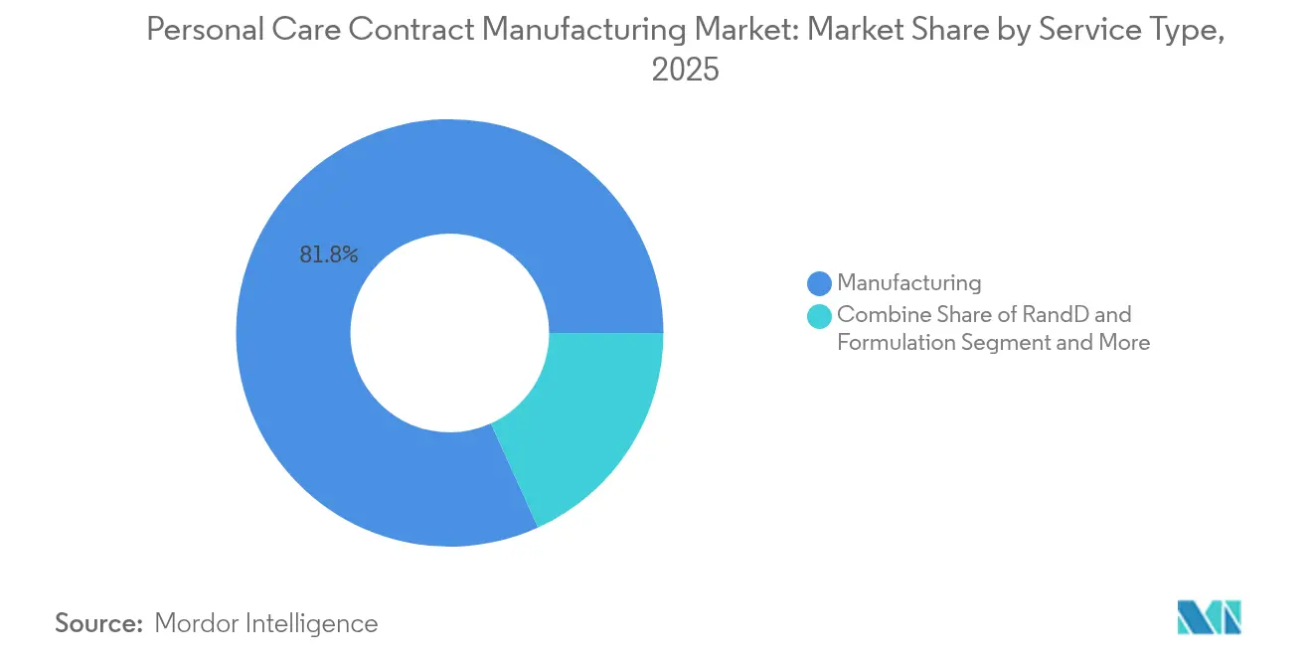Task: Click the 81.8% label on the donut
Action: (x=328, y=254)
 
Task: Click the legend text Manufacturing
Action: (x=908, y=283)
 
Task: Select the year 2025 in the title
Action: (x=685, y=71)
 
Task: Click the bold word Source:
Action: (x=97, y=623)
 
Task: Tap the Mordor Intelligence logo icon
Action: (x=1209, y=616)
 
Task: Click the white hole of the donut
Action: (x=449, y=333)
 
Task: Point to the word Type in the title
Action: (x=1186, y=31)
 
